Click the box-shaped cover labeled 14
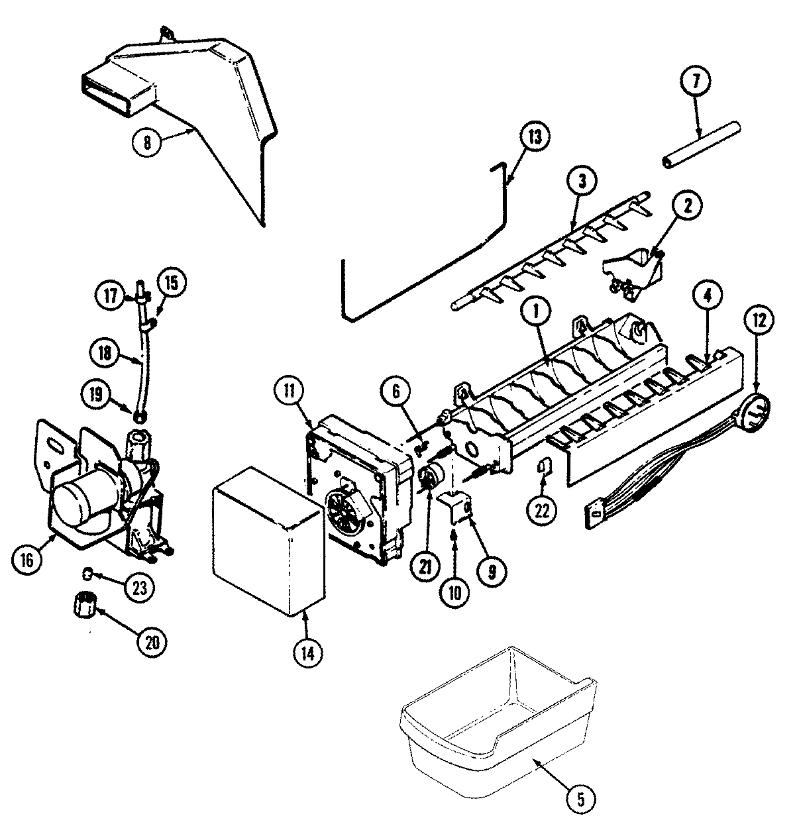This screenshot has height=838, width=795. (x=268, y=540)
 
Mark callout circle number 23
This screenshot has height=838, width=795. (x=140, y=586)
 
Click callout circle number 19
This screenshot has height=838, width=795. (x=97, y=395)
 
